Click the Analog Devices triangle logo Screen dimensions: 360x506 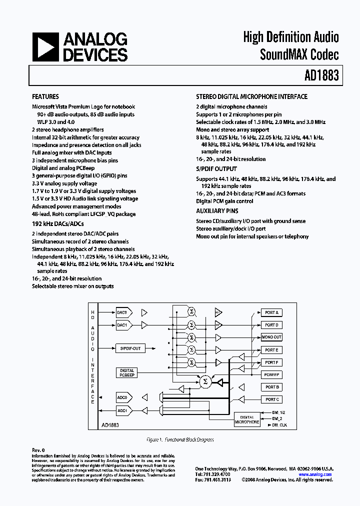(x=44, y=47)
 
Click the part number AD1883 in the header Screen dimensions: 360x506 (x=321, y=75)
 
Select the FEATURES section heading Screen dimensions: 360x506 (x=45, y=97)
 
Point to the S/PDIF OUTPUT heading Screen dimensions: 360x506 (x=216, y=169)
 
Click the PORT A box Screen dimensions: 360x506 (x=271, y=312)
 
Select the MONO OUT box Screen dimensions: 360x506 (x=271, y=337)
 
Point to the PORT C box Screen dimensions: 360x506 (x=271, y=399)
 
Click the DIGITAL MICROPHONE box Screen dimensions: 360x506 (x=247, y=419)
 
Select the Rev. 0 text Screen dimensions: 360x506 (x=38, y=450)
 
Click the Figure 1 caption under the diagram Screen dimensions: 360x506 (x=180, y=439)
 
